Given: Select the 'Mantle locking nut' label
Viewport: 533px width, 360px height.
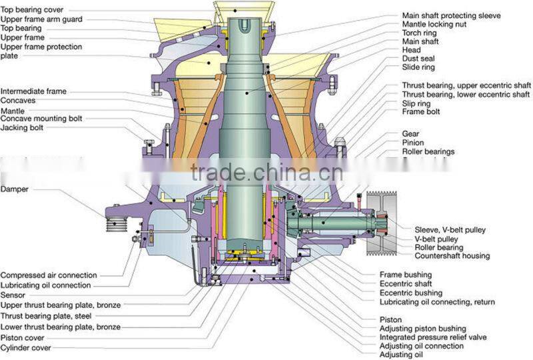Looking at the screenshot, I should pyautogui.click(x=434, y=24).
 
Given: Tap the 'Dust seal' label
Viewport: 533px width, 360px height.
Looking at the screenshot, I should pyautogui.click(x=418, y=59).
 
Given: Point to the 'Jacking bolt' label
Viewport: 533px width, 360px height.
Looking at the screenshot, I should pyautogui.click(x=23, y=127).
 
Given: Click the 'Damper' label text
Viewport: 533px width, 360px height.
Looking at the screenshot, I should pyautogui.click(x=15, y=189).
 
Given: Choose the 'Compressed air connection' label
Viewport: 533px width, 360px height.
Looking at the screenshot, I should pyautogui.click(x=49, y=275).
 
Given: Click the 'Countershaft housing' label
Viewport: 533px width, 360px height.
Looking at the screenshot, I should pyautogui.click(x=452, y=256).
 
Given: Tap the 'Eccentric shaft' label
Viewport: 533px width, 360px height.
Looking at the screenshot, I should pyautogui.click(x=405, y=284).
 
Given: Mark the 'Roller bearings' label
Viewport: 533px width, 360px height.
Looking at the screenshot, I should pyautogui.click(x=428, y=152).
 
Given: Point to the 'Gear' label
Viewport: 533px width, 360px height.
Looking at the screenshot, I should pyautogui.click(x=410, y=134).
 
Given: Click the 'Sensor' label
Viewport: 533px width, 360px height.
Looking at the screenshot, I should pyautogui.click(x=13, y=295).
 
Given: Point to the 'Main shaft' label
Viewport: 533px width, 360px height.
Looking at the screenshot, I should pyautogui.click(x=420, y=41).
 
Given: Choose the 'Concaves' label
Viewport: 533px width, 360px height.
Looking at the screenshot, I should pyautogui.click(x=18, y=101).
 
